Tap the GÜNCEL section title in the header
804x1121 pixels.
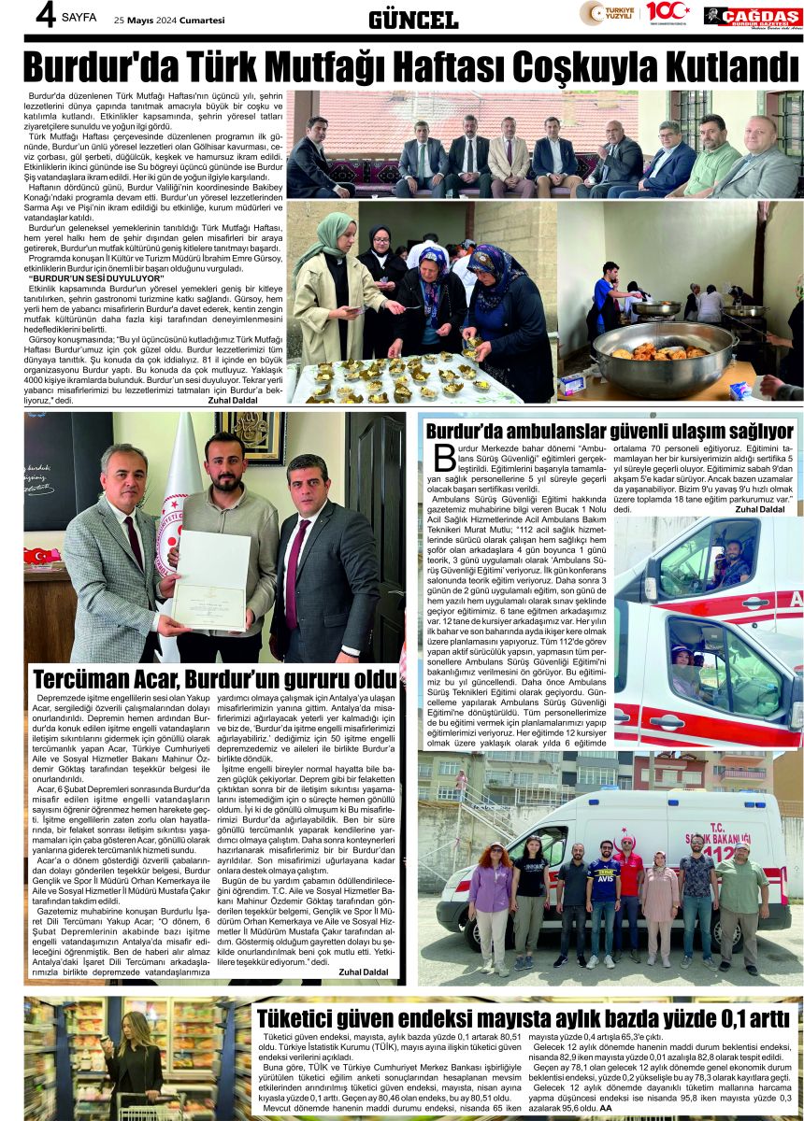click(413, 20)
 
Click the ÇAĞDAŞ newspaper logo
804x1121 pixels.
click(753, 16)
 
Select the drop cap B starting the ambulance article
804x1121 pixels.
click(444, 459)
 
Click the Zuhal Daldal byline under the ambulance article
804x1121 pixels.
click(759, 510)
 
